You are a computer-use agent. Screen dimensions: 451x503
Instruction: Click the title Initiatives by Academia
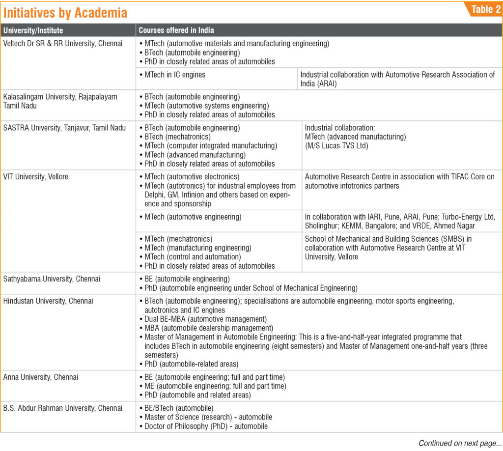pos(65,12)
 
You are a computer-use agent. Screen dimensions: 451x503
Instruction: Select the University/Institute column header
pos(33,30)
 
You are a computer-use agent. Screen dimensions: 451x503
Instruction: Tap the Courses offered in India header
pos(176,30)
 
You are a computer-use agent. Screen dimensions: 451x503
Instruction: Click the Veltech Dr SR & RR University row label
pos(63,43)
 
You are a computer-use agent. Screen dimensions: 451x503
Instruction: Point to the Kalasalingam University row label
pos(60,101)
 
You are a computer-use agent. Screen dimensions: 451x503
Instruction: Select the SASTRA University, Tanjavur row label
pos(64,128)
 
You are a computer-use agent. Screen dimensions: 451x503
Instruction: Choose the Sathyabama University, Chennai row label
pos(52,279)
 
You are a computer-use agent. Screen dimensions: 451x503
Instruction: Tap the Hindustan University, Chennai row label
pos(48,301)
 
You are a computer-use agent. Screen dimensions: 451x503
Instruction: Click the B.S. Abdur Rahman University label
pos(63,408)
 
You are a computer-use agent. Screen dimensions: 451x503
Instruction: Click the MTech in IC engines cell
pos(175,75)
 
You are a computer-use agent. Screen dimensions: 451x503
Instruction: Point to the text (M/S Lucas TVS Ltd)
pos(336,145)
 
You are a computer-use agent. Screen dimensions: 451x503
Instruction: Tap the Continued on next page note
pos(457,443)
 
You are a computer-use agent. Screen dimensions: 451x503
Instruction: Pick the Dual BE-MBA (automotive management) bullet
pos(206,319)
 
